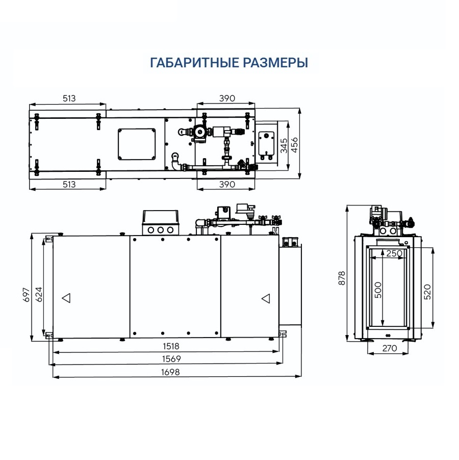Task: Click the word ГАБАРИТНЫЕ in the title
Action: [x=194, y=63]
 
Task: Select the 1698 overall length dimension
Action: [x=170, y=372]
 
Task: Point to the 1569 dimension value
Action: [x=171, y=359]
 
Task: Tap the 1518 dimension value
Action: [x=171, y=346]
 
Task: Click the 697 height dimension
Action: [x=27, y=295]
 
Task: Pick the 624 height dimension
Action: [x=39, y=294]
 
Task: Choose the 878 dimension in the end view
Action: [x=342, y=278]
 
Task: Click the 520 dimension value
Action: [x=427, y=292]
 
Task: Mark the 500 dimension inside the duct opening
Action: [x=378, y=290]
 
